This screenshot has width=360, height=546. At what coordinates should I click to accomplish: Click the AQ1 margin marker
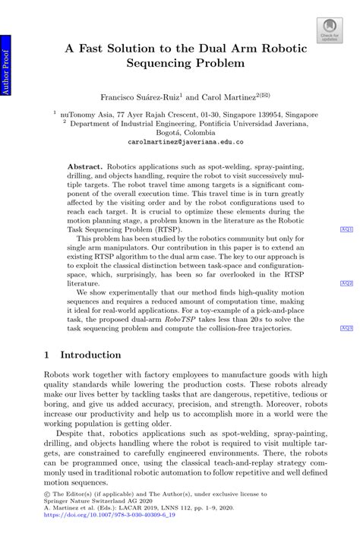[346, 229]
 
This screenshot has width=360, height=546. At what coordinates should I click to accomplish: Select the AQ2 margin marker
[346, 282]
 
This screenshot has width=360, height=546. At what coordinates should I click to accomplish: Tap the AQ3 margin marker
[346, 328]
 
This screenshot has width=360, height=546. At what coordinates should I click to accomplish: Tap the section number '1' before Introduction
[47, 355]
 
